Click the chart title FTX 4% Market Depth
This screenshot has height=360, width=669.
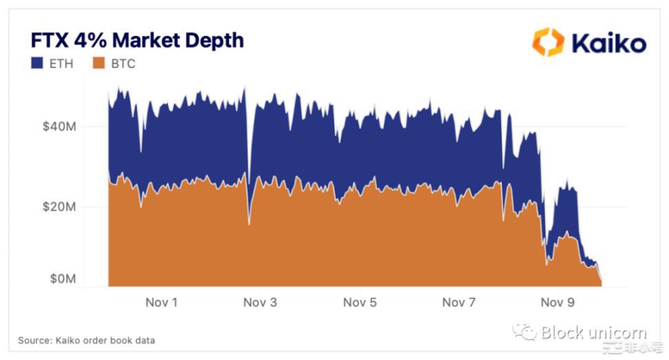coord(137,40)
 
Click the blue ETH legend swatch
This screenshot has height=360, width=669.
coord(37,63)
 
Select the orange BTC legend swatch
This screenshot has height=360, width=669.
coord(98,63)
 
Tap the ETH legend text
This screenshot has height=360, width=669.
coord(61,64)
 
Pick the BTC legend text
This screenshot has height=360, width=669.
coord(123,64)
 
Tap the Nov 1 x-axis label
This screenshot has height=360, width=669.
coord(161,302)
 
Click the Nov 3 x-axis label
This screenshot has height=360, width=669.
coord(260,302)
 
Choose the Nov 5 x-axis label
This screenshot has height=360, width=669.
coord(359,302)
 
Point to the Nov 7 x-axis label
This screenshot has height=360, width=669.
coord(458,302)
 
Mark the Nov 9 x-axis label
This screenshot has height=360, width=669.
coord(557,302)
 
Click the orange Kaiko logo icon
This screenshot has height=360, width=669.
coord(548,42)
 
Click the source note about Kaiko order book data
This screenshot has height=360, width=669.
coord(86,340)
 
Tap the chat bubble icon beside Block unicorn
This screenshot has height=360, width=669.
coord(524,332)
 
